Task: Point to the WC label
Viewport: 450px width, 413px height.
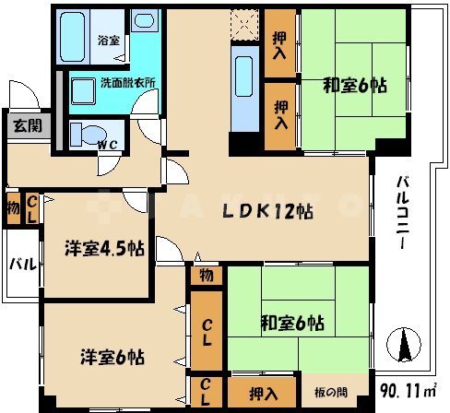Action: pyautogui.click(x=109, y=145)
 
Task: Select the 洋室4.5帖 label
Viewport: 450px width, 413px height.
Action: pyautogui.click(x=103, y=248)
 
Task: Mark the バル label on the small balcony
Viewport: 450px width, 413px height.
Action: pyautogui.click(x=22, y=264)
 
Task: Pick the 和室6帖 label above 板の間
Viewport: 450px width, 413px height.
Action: pyautogui.click(x=290, y=323)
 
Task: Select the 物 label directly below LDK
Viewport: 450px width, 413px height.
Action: pyautogui.click(x=206, y=275)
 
